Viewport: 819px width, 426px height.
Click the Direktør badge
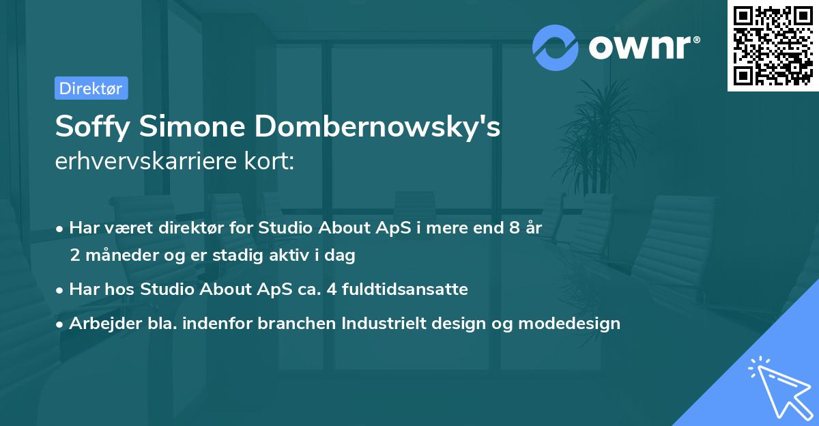coord(91,88)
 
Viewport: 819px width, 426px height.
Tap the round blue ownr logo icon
coord(556,47)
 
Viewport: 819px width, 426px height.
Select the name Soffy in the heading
coord(85,128)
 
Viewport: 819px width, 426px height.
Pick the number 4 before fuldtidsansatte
coord(332,289)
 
